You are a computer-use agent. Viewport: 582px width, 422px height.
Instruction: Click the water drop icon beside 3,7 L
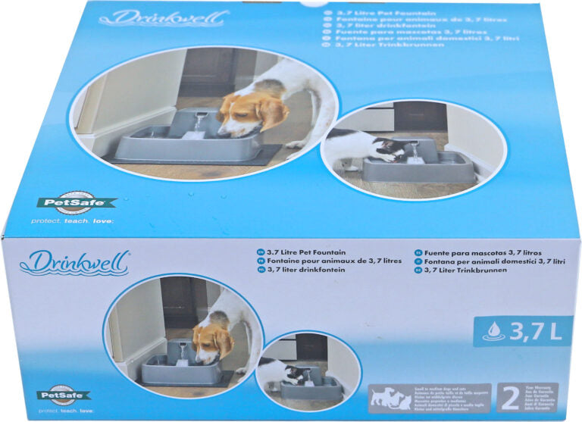click(x=494, y=330)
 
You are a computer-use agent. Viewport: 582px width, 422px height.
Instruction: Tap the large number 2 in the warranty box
click(x=509, y=398)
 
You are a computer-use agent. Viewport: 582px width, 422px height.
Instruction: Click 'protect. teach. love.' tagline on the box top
click(x=71, y=221)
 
